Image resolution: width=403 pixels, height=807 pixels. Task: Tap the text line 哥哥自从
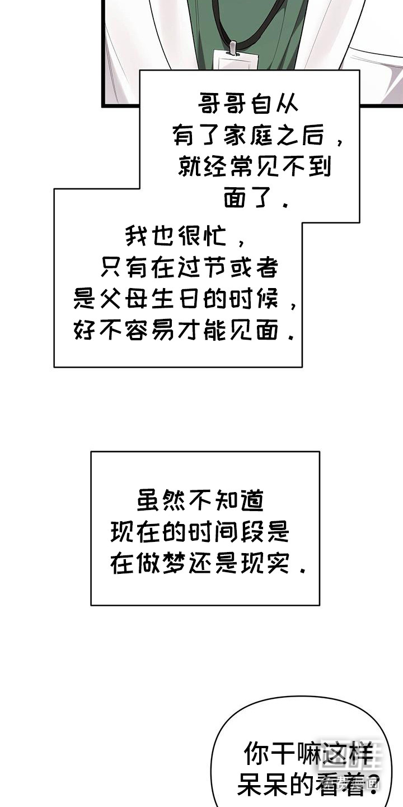(249, 105)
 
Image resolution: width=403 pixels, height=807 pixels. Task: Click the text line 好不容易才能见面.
(184, 332)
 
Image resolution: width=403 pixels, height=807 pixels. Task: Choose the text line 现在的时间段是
(200, 531)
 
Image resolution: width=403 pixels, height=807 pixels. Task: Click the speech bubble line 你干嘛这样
(308, 754)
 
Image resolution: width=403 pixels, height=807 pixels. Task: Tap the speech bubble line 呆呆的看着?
(308, 786)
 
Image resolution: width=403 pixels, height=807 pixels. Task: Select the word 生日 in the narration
(182, 301)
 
